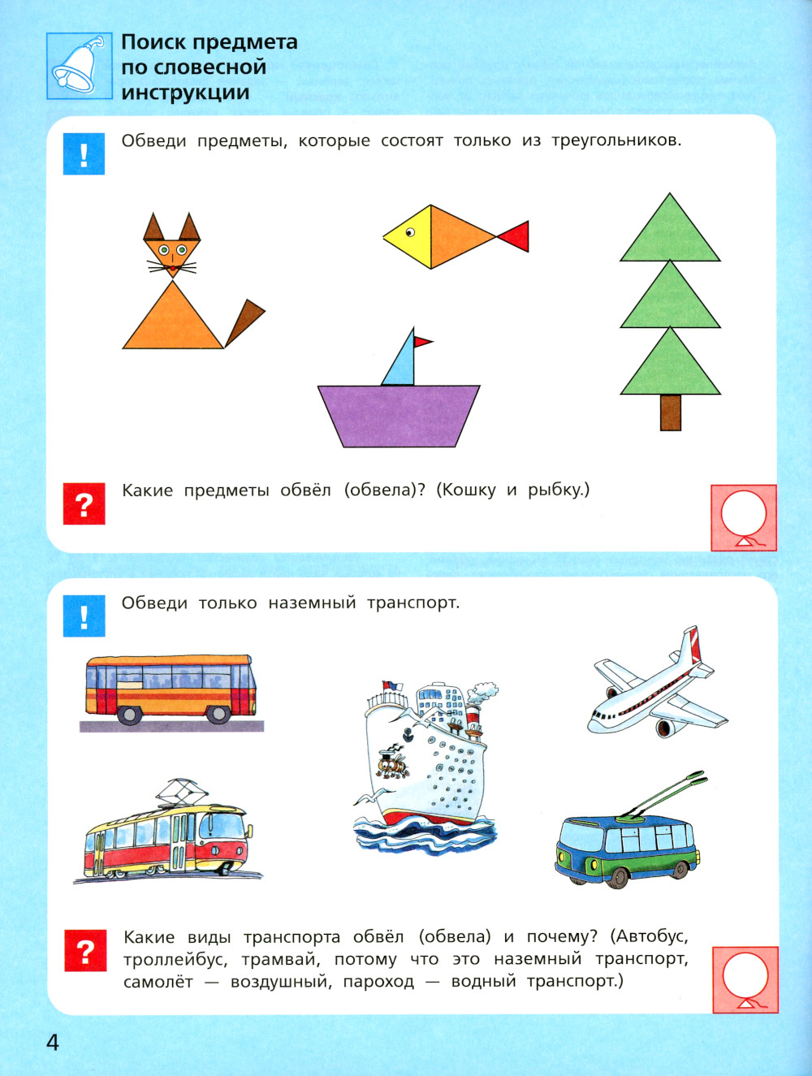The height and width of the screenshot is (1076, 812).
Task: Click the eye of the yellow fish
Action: (x=410, y=232)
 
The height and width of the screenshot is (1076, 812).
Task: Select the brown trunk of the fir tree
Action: (x=671, y=413)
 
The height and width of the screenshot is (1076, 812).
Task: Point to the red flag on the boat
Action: (x=423, y=341)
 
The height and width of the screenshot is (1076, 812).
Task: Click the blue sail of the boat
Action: (x=400, y=358)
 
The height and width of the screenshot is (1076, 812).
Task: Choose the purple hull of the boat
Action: (x=399, y=416)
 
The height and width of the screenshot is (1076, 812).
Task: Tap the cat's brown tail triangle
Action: (x=245, y=322)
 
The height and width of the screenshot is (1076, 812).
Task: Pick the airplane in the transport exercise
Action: (x=658, y=682)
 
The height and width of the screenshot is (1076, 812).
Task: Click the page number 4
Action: (x=53, y=1042)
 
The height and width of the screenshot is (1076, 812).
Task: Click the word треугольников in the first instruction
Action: (x=616, y=141)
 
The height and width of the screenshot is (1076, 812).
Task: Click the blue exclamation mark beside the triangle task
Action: (x=84, y=154)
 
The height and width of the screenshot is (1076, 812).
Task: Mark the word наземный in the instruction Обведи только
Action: (x=312, y=603)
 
